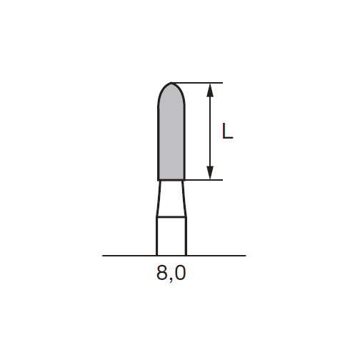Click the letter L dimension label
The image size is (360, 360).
tap(227, 131)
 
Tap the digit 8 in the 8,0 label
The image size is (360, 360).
tap(161, 273)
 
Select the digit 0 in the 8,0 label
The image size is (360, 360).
tap(180, 273)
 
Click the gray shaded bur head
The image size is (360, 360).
tap(171, 136)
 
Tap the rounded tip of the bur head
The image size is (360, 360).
tap(171, 83)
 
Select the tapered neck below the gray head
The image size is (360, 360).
tap(171, 199)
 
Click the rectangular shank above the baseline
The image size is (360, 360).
tap(171, 236)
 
